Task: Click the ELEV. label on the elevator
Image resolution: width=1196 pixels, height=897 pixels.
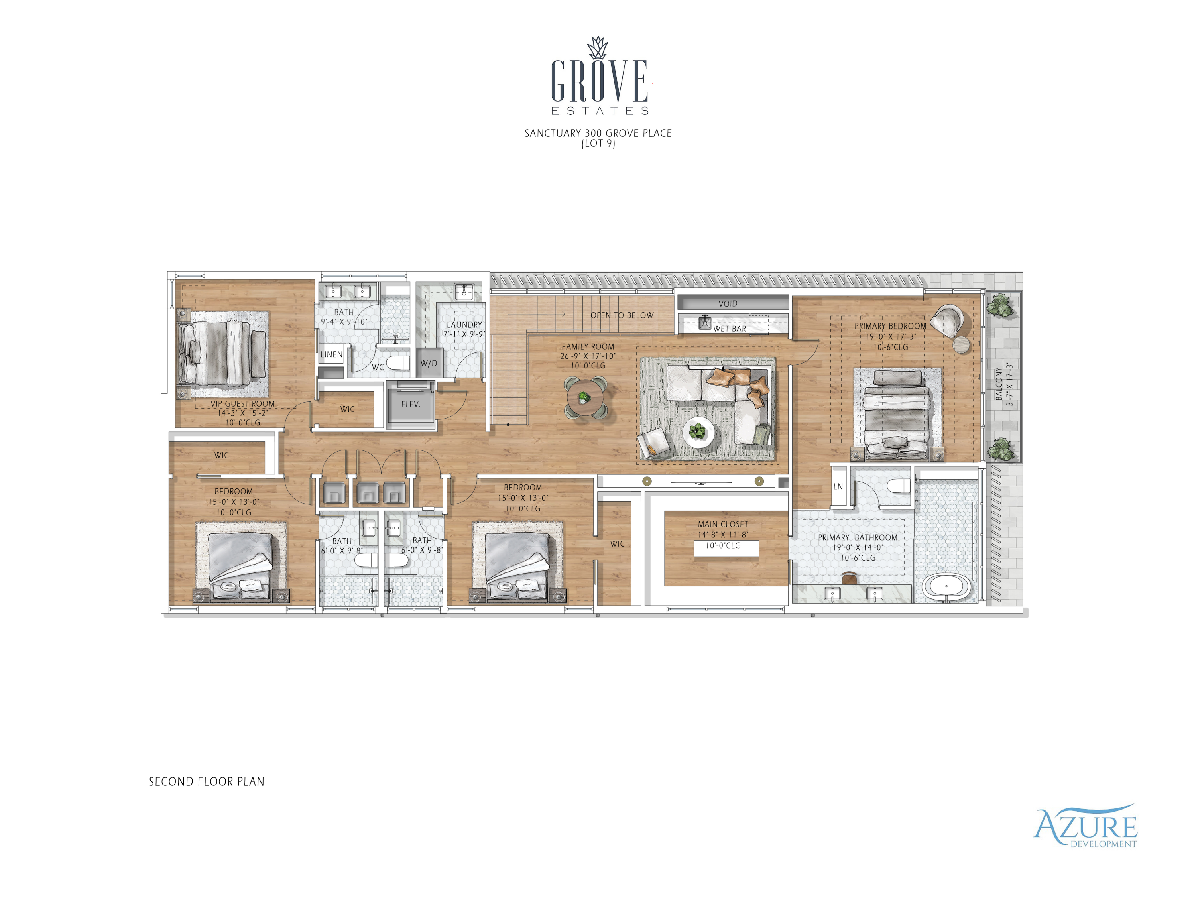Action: coord(410,404)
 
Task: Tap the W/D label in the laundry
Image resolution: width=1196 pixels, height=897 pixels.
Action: coord(429,363)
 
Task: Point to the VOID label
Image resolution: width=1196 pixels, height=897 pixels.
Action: coord(728,303)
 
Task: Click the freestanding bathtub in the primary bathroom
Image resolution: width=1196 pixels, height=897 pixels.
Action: coord(946,587)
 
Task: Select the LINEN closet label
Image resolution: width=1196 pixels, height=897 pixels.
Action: coord(331,354)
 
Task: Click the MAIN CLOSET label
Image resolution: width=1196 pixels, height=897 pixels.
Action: coord(723,524)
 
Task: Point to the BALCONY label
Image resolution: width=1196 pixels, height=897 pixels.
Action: coord(999,384)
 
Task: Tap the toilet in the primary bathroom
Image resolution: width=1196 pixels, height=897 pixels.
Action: coord(899,487)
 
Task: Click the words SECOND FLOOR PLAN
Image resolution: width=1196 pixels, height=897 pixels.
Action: coord(207,782)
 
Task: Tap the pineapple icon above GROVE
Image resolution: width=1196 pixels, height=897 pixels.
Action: coord(598,47)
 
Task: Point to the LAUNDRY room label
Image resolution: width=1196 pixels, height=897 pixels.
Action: coord(464,325)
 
